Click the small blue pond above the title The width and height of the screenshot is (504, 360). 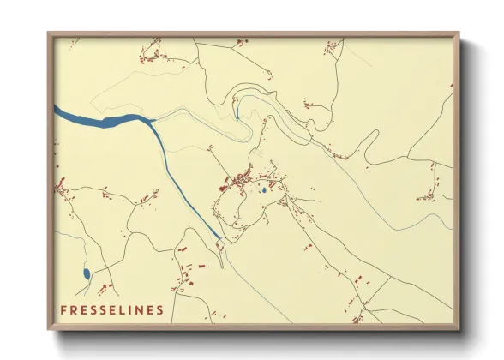tap(86, 274)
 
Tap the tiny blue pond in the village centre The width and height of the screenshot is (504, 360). tap(263, 190)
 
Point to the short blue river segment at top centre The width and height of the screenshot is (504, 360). tap(236, 112)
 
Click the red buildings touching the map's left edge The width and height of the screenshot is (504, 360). tap(60, 185)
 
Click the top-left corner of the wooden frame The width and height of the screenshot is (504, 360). tap(49, 33)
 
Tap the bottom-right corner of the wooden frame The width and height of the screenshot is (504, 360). tap(459, 330)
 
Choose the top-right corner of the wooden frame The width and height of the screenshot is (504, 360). tap(459, 33)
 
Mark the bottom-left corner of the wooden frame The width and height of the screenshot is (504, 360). tap(49, 330)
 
